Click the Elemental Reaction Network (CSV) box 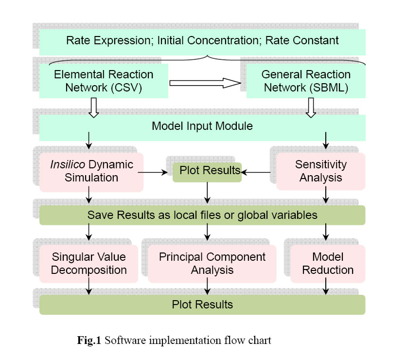coord(104,81)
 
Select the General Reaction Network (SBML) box coord(306,81)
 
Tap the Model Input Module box coord(202,126)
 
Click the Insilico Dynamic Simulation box coord(92,171)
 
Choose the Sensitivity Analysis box coord(320,171)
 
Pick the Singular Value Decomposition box coord(89,263)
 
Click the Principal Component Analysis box coord(212,263)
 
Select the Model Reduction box coord(328,263)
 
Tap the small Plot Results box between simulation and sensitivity coord(207,171)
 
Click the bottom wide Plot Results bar coord(202,305)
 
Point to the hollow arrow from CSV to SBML coord(206,84)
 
